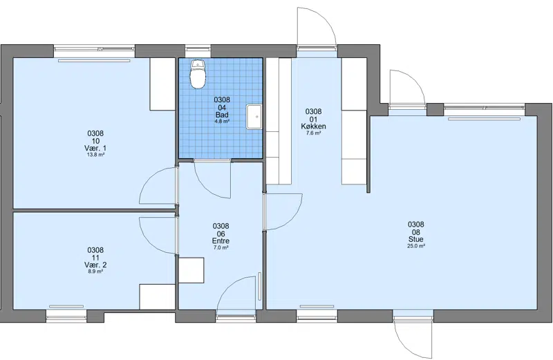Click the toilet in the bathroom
point(198,74)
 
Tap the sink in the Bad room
point(254,116)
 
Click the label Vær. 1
point(95,148)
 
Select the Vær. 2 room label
point(95,265)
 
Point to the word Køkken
point(313,126)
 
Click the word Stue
point(416,239)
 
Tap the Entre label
point(221,241)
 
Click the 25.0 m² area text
point(416,246)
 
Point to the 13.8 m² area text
point(95,155)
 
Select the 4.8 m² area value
point(222,122)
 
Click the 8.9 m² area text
point(95,272)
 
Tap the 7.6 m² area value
point(313,133)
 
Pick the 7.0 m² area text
point(221,247)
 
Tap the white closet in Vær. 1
point(162,84)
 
